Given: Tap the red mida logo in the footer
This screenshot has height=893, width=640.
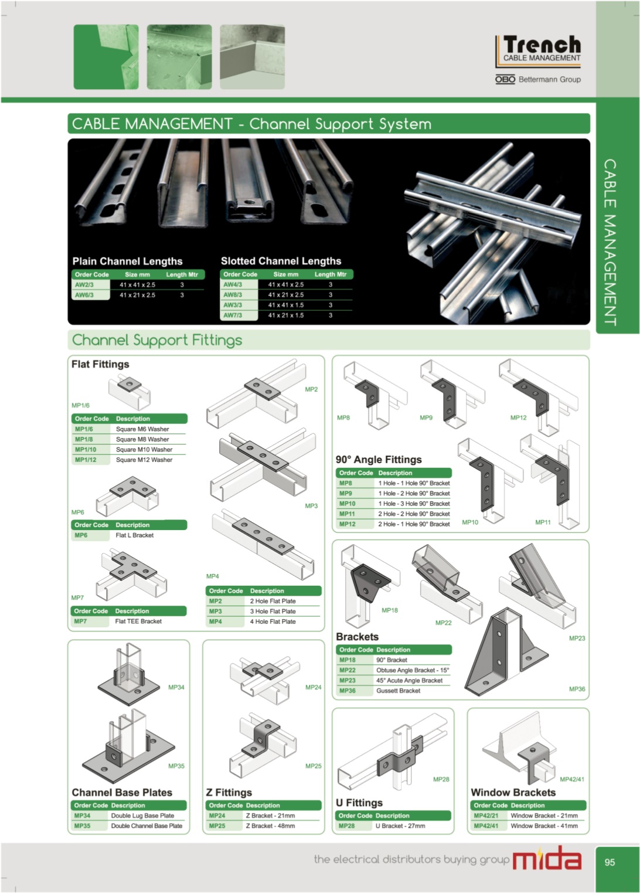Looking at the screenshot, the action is tap(546, 858).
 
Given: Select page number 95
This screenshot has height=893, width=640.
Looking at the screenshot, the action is tap(610, 862).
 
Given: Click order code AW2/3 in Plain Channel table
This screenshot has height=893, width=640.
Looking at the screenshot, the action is tap(84, 284).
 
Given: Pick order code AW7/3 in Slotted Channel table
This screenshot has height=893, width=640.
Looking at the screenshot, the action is tap(232, 315).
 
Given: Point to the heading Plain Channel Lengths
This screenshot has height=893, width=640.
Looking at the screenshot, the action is tap(127, 261).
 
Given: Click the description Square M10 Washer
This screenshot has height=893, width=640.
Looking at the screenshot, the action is tap(144, 449).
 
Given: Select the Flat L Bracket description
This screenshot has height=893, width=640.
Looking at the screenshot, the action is tap(134, 535).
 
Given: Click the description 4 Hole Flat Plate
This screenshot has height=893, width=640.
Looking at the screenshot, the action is tap(273, 621).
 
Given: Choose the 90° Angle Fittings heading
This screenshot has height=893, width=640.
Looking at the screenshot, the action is tap(378, 460).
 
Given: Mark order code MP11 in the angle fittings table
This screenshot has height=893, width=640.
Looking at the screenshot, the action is tap(347, 514).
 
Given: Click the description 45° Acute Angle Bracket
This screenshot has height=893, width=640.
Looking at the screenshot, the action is tap(409, 680).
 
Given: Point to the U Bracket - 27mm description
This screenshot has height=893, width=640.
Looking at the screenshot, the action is tap(400, 826).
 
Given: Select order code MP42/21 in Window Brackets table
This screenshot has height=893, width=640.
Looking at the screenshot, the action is tap(486, 815).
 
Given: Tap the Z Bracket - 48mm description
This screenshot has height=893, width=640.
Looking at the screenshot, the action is tap(270, 826).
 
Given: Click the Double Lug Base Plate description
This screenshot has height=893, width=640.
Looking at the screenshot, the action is tap(142, 815).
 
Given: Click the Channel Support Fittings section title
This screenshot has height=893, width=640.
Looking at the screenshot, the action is tap(157, 340).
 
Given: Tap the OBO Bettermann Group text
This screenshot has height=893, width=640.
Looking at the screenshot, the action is tap(538, 79).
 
